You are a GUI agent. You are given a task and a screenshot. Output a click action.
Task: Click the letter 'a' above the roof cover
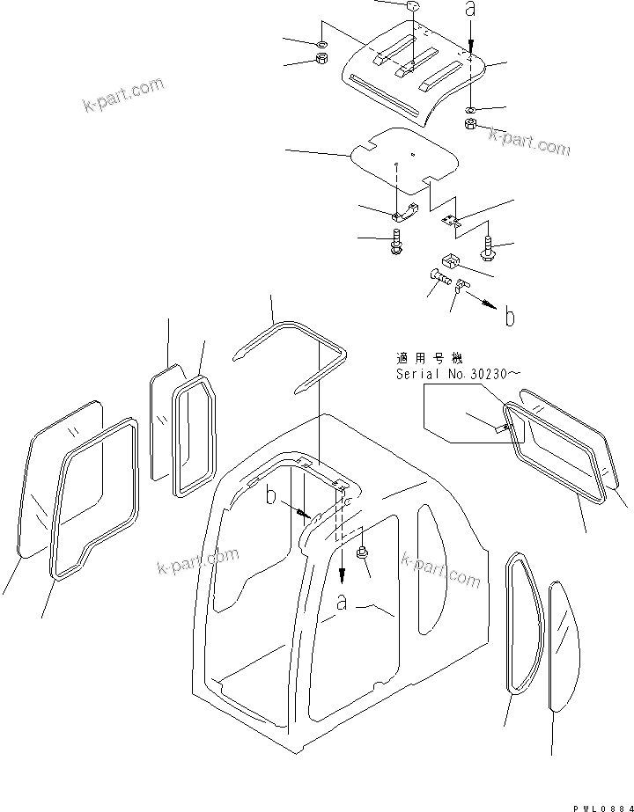coord(471,11)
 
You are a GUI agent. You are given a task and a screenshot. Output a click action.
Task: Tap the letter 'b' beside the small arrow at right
coord(509,318)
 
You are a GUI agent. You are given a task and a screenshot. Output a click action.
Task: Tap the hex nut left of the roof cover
coord(321,61)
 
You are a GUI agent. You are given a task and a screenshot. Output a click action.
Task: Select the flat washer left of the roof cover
coord(321,43)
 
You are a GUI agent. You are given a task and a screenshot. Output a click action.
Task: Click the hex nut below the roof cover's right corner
coord(471,126)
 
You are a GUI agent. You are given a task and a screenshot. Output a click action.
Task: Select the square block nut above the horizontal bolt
coord(449,260)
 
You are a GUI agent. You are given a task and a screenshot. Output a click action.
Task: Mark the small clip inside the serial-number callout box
coord(505,428)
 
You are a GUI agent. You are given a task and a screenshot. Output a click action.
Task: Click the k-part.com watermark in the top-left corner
coord(123,97)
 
